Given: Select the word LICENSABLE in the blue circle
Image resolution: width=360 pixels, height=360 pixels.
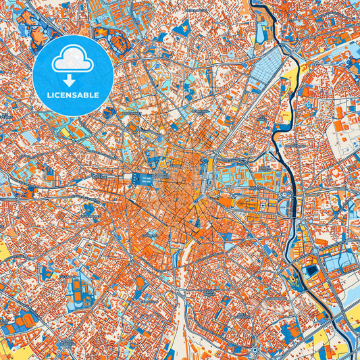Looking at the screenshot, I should [x=73, y=95].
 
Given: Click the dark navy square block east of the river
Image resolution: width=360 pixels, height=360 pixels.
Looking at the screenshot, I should [x=311, y=270].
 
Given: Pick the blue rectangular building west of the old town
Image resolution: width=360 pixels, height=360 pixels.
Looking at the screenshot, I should [x=143, y=179].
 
